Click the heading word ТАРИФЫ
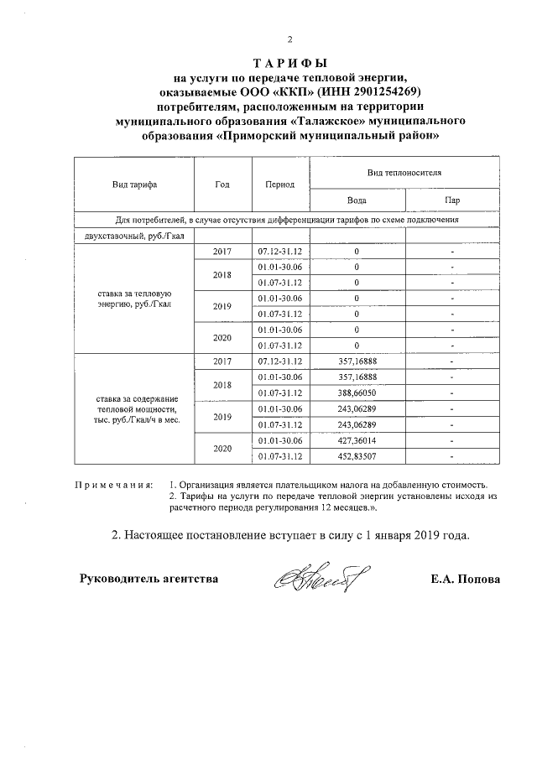pos(289,63)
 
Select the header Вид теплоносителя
pos(404,171)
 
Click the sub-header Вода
pos(357,200)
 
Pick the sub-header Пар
pos(452,200)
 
